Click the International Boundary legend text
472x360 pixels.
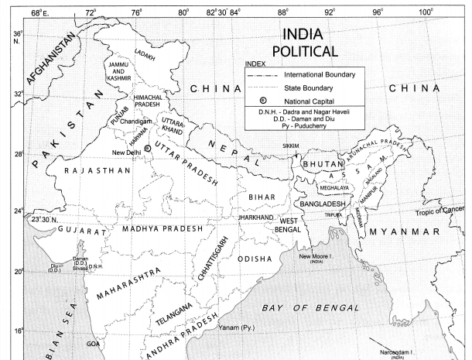click(x=320, y=74)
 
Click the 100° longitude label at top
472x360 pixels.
click(x=425, y=12)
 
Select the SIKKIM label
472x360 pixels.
click(x=289, y=145)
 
